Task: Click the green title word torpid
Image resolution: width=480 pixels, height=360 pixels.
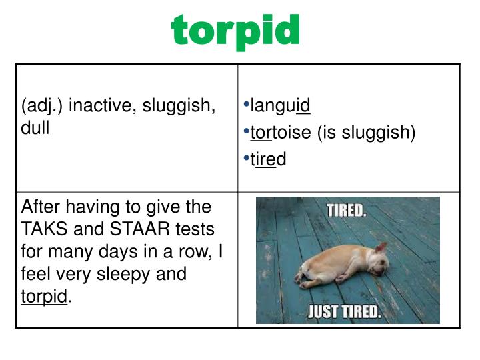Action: pyautogui.click(x=236, y=31)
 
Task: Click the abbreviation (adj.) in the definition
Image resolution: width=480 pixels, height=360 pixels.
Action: pyautogui.click(x=43, y=105)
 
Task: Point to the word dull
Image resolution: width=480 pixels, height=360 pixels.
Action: pyautogui.click(x=35, y=127)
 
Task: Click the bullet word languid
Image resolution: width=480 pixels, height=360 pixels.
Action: pyautogui.click(x=280, y=106)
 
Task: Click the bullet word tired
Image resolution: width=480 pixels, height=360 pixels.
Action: pyautogui.click(x=268, y=159)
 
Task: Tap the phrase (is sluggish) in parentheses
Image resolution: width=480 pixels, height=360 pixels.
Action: pyautogui.click(x=366, y=133)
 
